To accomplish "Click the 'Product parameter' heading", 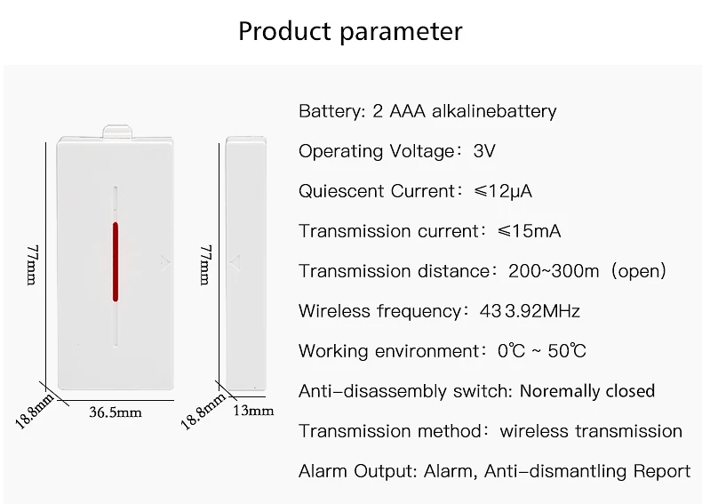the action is point(350,31).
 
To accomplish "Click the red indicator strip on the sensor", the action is point(115,261).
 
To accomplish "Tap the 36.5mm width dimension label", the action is point(116,412).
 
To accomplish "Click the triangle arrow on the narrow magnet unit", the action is point(235,262).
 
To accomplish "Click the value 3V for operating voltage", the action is point(484,151).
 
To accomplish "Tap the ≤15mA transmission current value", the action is point(530,231).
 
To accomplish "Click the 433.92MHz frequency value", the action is point(530,311).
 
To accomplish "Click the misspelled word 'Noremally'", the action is point(556,391).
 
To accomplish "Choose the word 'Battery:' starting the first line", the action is point(331,111).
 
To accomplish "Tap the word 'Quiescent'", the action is point(341,191).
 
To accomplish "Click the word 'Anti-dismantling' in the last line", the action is point(556,471).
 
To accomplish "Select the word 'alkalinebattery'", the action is point(494,111).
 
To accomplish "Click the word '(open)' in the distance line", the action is point(635,271).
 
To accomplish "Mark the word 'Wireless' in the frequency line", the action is point(332,311).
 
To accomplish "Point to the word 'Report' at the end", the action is point(662,471).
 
